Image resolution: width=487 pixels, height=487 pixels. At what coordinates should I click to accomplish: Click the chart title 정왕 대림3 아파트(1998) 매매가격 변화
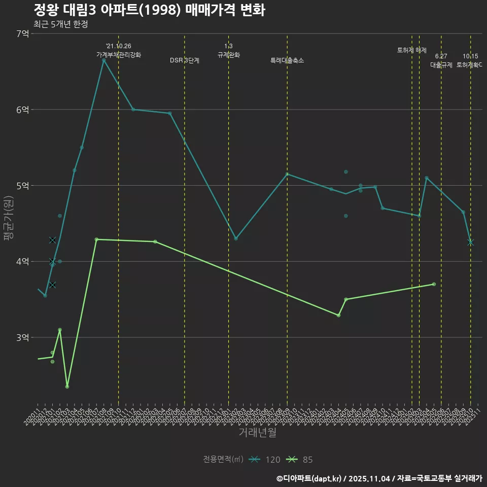[149, 10]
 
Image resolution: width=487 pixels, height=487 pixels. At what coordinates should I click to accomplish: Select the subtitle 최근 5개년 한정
[60, 24]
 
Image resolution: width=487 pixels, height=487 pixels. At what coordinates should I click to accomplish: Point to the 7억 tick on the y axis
[22, 33]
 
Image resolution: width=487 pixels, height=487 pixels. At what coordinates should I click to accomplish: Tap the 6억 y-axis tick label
[22, 110]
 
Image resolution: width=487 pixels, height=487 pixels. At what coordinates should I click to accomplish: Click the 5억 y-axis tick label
[22, 186]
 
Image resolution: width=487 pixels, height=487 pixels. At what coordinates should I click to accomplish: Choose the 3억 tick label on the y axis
[22, 337]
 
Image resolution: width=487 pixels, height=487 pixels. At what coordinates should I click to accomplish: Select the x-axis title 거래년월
[258, 432]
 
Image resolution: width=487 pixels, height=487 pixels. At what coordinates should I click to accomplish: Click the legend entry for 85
[299, 460]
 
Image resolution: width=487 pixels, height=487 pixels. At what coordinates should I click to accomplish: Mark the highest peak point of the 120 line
[103, 60]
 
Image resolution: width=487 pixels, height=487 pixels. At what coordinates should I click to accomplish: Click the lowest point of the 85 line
[67, 387]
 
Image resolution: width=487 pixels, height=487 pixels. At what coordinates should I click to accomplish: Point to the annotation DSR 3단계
[185, 60]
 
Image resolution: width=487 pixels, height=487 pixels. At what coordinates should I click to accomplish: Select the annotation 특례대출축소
[287, 60]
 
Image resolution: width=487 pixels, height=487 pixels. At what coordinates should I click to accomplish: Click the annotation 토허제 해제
[412, 50]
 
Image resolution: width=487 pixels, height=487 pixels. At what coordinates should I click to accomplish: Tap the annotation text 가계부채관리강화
[119, 54]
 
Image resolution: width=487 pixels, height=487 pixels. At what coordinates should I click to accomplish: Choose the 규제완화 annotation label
[228, 55]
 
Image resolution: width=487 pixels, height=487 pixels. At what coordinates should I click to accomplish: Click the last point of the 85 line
[434, 284]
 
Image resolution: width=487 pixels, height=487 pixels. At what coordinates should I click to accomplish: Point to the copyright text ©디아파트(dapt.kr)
[310, 478]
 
